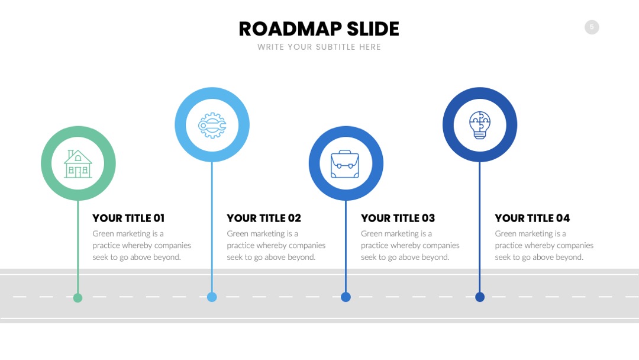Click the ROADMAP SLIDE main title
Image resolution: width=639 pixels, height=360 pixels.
click(319, 29)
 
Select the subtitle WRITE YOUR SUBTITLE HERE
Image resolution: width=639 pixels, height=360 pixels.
click(319, 47)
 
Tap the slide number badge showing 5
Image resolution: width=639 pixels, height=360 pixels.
click(592, 27)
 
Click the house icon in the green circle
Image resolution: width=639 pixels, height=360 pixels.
click(78, 164)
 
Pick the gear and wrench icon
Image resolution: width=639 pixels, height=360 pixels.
click(212, 125)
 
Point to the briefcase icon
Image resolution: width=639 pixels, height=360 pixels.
click(345, 164)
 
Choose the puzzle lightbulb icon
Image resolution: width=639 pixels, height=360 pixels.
click(480, 125)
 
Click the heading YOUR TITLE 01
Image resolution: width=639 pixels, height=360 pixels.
click(128, 218)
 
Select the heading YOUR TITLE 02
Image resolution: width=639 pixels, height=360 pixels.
click(264, 218)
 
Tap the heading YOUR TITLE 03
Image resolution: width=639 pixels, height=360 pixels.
click(398, 218)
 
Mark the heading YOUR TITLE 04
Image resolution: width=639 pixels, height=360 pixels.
click(532, 218)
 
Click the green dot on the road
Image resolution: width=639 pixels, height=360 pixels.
click(78, 298)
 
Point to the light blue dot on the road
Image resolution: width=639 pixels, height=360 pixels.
click(212, 297)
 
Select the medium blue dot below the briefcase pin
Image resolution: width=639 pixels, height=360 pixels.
click(346, 297)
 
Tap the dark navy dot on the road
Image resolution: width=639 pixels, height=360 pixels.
click(480, 297)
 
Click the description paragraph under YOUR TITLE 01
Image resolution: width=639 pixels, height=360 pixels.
click(142, 246)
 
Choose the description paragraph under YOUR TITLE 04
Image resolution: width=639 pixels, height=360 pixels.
click(544, 246)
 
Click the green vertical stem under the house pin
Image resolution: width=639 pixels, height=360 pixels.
click(78, 247)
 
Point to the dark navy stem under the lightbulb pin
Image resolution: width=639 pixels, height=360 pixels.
click(480, 227)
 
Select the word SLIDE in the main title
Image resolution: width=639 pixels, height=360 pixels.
click(373, 29)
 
